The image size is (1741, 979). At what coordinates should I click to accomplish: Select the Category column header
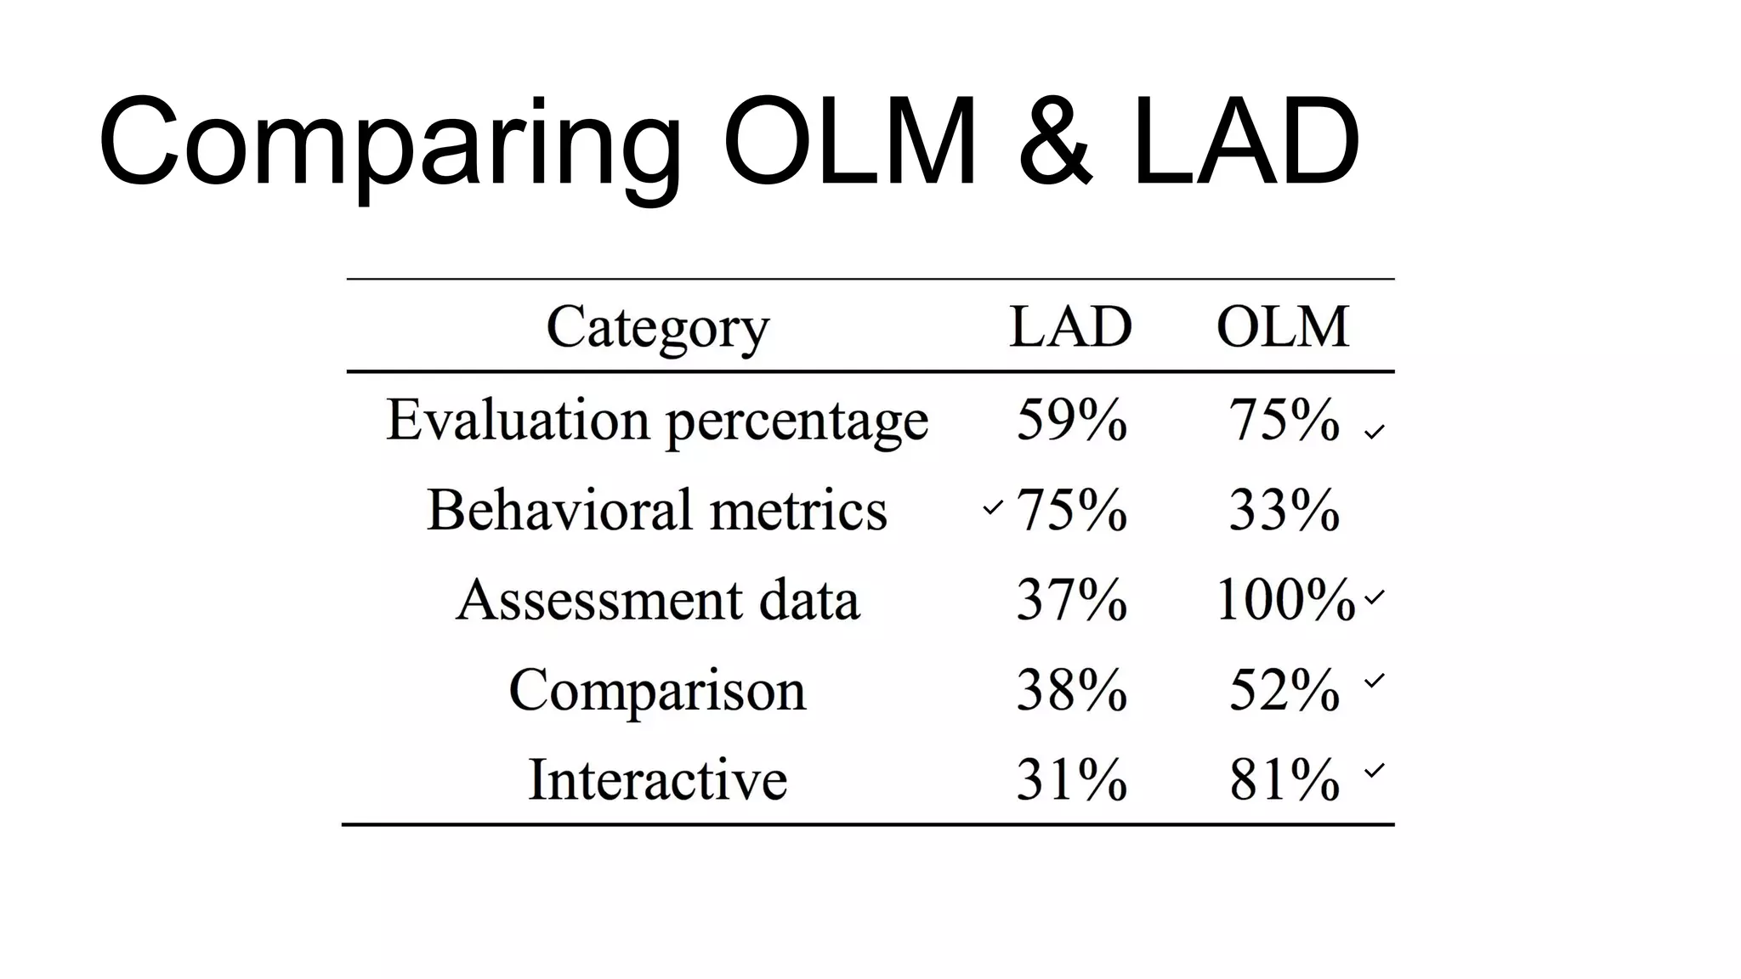(x=657, y=327)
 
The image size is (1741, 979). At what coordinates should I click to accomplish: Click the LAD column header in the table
(x=1070, y=326)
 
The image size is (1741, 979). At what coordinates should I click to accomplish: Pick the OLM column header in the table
(x=1283, y=326)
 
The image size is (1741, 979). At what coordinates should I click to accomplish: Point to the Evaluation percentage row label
(x=657, y=421)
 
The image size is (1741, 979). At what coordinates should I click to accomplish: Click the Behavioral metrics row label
(x=657, y=510)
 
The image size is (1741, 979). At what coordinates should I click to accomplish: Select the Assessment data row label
(x=657, y=600)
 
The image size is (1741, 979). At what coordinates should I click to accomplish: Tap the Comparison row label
(x=657, y=689)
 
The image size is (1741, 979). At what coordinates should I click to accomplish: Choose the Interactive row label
(x=657, y=779)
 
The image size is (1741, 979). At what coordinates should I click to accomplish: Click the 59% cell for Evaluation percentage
(x=1071, y=420)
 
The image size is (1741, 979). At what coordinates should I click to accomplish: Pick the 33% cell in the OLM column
(x=1284, y=510)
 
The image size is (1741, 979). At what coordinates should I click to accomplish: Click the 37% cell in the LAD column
(x=1071, y=600)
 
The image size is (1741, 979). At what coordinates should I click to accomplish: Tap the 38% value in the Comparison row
(x=1071, y=689)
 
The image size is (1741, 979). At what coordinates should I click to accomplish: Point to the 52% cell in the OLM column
(x=1284, y=689)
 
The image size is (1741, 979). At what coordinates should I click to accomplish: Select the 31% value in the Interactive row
(x=1071, y=779)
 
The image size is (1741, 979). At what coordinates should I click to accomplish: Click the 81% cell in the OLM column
(x=1284, y=779)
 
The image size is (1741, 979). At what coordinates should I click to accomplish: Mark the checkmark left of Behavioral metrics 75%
(x=992, y=508)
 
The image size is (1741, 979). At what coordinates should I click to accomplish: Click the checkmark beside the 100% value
(x=1375, y=597)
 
